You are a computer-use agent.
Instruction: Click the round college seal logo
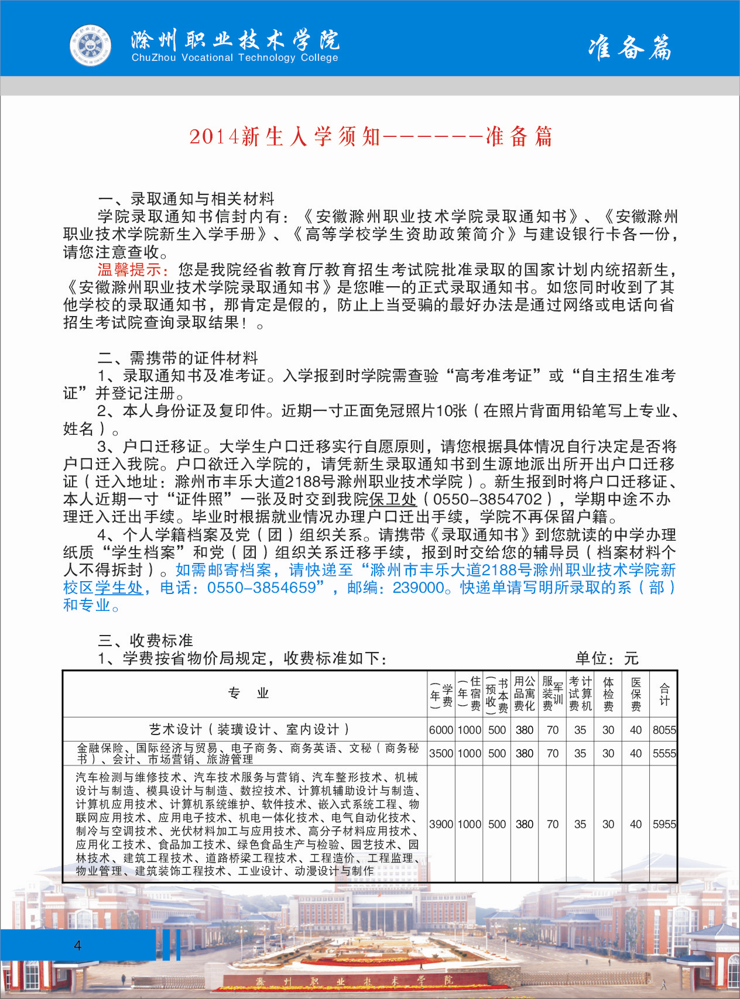pyautogui.click(x=90, y=45)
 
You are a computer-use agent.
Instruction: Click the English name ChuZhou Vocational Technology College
pyautogui.click(x=235, y=57)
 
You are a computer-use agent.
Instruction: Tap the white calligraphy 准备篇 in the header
pyautogui.click(x=630, y=47)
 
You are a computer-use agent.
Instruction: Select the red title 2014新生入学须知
pyautogui.click(x=285, y=136)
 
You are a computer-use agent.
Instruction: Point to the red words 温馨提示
pyautogui.click(x=133, y=270)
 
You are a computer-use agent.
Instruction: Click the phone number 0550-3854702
pyautogui.click(x=488, y=499)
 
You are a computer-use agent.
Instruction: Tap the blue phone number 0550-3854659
pyautogui.click(x=261, y=588)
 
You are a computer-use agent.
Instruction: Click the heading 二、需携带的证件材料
pyautogui.click(x=178, y=358)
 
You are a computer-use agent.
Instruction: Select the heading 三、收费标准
pyautogui.click(x=145, y=640)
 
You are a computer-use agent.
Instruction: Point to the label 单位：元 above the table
pyautogui.click(x=607, y=658)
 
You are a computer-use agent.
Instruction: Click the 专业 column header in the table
pyautogui.click(x=248, y=694)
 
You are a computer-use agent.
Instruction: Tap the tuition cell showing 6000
pyautogui.click(x=441, y=730)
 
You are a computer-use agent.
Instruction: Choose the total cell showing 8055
pyautogui.click(x=664, y=730)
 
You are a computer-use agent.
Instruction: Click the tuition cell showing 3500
pyautogui.click(x=441, y=753)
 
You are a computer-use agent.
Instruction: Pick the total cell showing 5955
pyautogui.click(x=664, y=824)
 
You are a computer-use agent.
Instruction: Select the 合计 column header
pyautogui.click(x=664, y=694)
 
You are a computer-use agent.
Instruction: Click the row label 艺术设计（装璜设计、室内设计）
pyautogui.click(x=248, y=729)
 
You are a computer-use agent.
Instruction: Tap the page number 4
pyautogui.click(x=77, y=945)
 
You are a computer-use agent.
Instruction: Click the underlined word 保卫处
pyautogui.click(x=393, y=499)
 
